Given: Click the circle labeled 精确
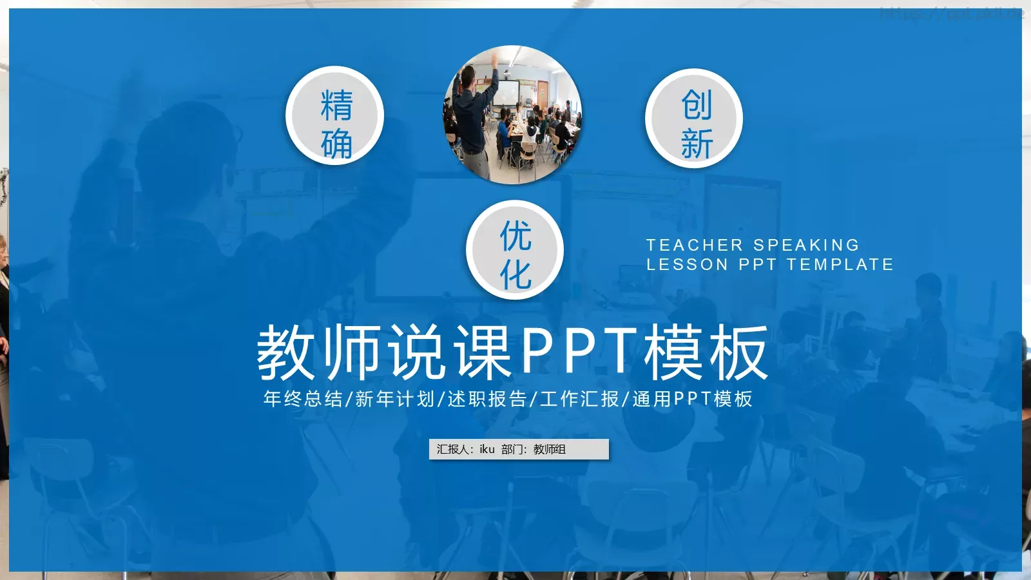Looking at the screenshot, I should [x=335, y=116].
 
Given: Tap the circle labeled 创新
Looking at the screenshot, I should [x=695, y=119].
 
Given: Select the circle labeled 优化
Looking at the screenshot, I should [x=515, y=250].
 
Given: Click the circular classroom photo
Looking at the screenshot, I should [x=513, y=115].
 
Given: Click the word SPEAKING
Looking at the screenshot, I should [x=806, y=245].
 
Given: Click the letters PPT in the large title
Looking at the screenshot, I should [x=579, y=351].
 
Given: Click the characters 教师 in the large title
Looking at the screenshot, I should [x=318, y=353].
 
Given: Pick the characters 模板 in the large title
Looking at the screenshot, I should [x=706, y=353].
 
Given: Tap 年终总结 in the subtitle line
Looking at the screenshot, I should [x=303, y=399].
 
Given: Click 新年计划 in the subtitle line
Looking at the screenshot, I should [x=395, y=399].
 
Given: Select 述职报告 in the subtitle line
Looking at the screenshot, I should [x=487, y=399].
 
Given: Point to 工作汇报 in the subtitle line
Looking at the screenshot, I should [x=579, y=399].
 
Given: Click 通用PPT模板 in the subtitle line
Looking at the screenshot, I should [x=692, y=399].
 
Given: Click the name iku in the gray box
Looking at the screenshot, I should [x=487, y=449].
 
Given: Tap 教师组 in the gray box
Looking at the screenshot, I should [x=550, y=449].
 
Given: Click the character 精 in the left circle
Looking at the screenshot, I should [x=336, y=105].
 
